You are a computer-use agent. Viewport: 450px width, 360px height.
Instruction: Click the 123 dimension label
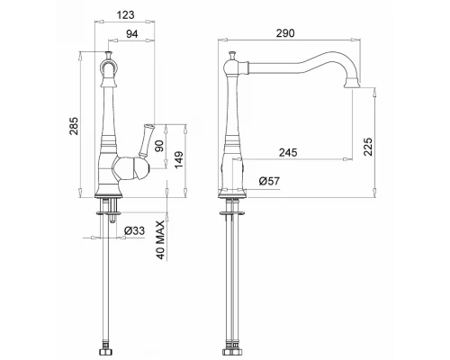(x=126, y=15)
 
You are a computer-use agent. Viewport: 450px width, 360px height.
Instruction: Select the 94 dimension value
(x=131, y=34)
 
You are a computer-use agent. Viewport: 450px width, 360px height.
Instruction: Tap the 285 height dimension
(x=74, y=125)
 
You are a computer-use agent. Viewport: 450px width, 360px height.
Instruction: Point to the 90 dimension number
(x=160, y=146)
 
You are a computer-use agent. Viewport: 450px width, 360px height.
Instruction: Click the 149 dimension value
(x=179, y=160)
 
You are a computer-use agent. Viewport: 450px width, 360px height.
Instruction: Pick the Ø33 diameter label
(x=134, y=230)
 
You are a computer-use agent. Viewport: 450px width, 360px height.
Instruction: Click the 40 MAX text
(x=160, y=240)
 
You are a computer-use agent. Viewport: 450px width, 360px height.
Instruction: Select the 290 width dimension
(x=285, y=33)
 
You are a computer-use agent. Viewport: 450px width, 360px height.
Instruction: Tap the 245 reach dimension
(x=288, y=152)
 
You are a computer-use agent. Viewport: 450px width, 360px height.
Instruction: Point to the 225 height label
(x=368, y=147)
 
